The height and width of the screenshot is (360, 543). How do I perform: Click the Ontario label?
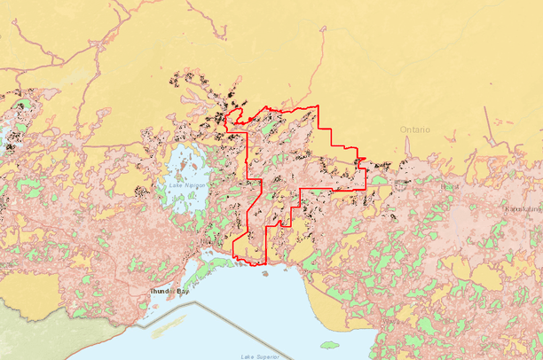click(x=415, y=129)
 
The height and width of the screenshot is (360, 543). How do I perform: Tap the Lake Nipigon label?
click(x=184, y=185)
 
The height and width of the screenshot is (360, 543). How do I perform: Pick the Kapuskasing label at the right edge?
click(x=523, y=208)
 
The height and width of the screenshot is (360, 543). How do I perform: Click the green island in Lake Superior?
click(x=329, y=344)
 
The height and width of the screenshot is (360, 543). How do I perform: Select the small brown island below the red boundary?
click(x=265, y=273)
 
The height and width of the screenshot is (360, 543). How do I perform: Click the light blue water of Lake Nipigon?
click(x=182, y=164)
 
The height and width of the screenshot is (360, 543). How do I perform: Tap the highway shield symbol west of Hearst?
click(x=405, y=186)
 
